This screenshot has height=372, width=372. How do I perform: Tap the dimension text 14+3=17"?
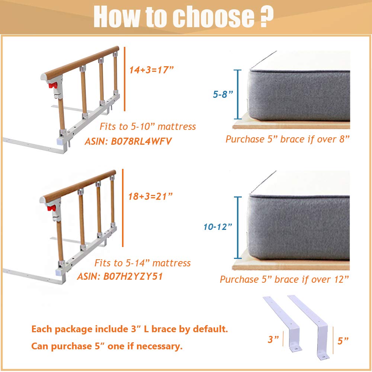152,70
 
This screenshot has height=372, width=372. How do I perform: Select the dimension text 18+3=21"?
150,196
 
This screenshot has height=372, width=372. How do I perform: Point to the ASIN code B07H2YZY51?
132,276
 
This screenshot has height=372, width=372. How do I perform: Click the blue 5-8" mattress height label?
223,94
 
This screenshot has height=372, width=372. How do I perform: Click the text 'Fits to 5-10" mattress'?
148,127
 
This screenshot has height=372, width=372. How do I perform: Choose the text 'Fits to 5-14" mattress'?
142,263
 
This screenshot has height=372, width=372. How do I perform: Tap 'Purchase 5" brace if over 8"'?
288,139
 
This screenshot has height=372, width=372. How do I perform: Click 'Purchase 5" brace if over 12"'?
285,279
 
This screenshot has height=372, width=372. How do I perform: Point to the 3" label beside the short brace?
273,339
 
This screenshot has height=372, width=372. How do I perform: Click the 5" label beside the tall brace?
343,340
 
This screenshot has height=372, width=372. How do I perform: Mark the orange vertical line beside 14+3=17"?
124,78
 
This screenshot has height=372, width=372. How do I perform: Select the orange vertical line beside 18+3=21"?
123,208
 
